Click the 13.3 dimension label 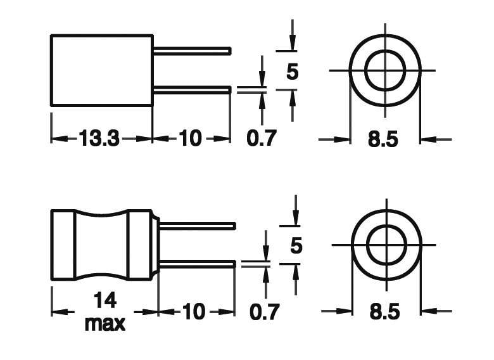pos(99,138)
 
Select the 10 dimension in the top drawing pos(190,138)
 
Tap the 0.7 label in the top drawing pos(262,138)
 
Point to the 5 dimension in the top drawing pos(292,72)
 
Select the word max pos(104,323)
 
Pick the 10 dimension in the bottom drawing pos(194,311)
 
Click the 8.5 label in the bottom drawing pos(385,312)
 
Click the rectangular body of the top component pos(101,70)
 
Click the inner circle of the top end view pos(385,70)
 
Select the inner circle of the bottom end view pos(386,244)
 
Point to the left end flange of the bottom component pos(63,245)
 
